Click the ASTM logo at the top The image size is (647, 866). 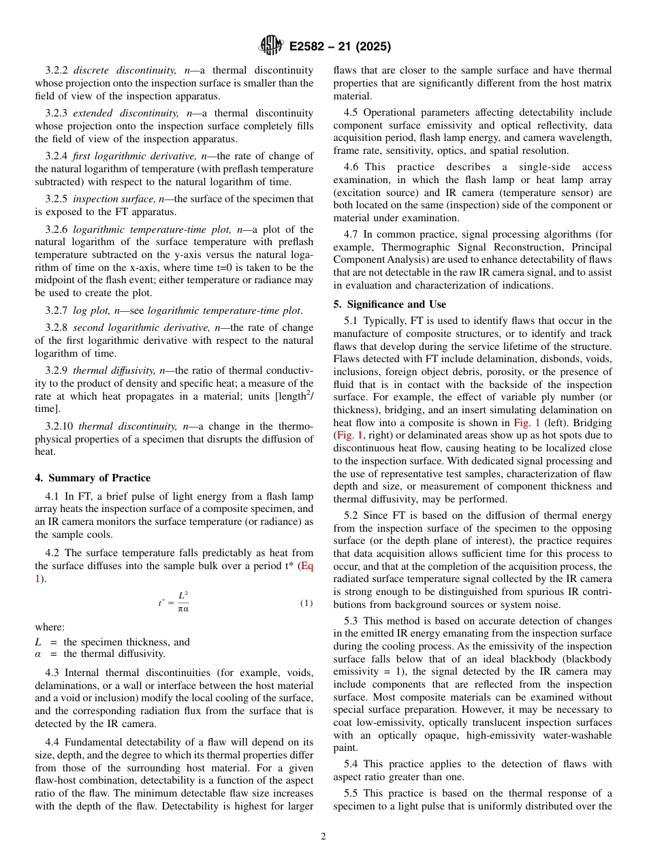270,46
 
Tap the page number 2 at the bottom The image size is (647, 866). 323,836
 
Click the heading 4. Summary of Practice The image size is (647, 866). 93,478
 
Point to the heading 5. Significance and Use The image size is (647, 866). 390,304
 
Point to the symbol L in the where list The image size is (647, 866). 38,642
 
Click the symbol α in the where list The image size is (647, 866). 38,654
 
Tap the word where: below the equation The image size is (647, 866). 50,628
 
